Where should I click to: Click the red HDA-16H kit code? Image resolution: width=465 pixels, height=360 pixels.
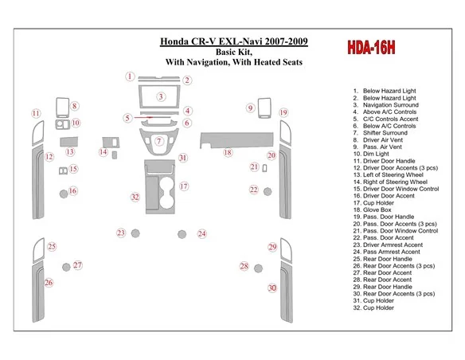[x=371, y=48]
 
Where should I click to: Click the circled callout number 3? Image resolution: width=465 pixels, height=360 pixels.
[x=161, y=96]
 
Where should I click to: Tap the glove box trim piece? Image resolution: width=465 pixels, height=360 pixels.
[x=236, y=140]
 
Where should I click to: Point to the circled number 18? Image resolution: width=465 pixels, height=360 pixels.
[x=228, y=152]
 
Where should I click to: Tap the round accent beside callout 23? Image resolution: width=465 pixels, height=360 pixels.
[x=135, y=233]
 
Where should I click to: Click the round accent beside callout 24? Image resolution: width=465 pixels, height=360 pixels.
[x=182, y=234]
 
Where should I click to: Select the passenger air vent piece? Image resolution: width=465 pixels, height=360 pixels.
[x=264, y=108]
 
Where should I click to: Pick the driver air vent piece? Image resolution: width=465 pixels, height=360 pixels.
[x=63, y=108]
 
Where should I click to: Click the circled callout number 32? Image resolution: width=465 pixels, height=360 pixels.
[x=135, y=198]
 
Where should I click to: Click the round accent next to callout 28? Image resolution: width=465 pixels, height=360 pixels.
[x=258, y=268]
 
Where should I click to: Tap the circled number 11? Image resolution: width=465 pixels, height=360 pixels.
[x=36, y=113]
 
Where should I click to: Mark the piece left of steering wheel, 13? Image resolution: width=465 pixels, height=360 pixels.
[x=68, y=142]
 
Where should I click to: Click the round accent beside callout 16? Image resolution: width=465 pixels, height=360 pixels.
[x=64, y=194]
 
